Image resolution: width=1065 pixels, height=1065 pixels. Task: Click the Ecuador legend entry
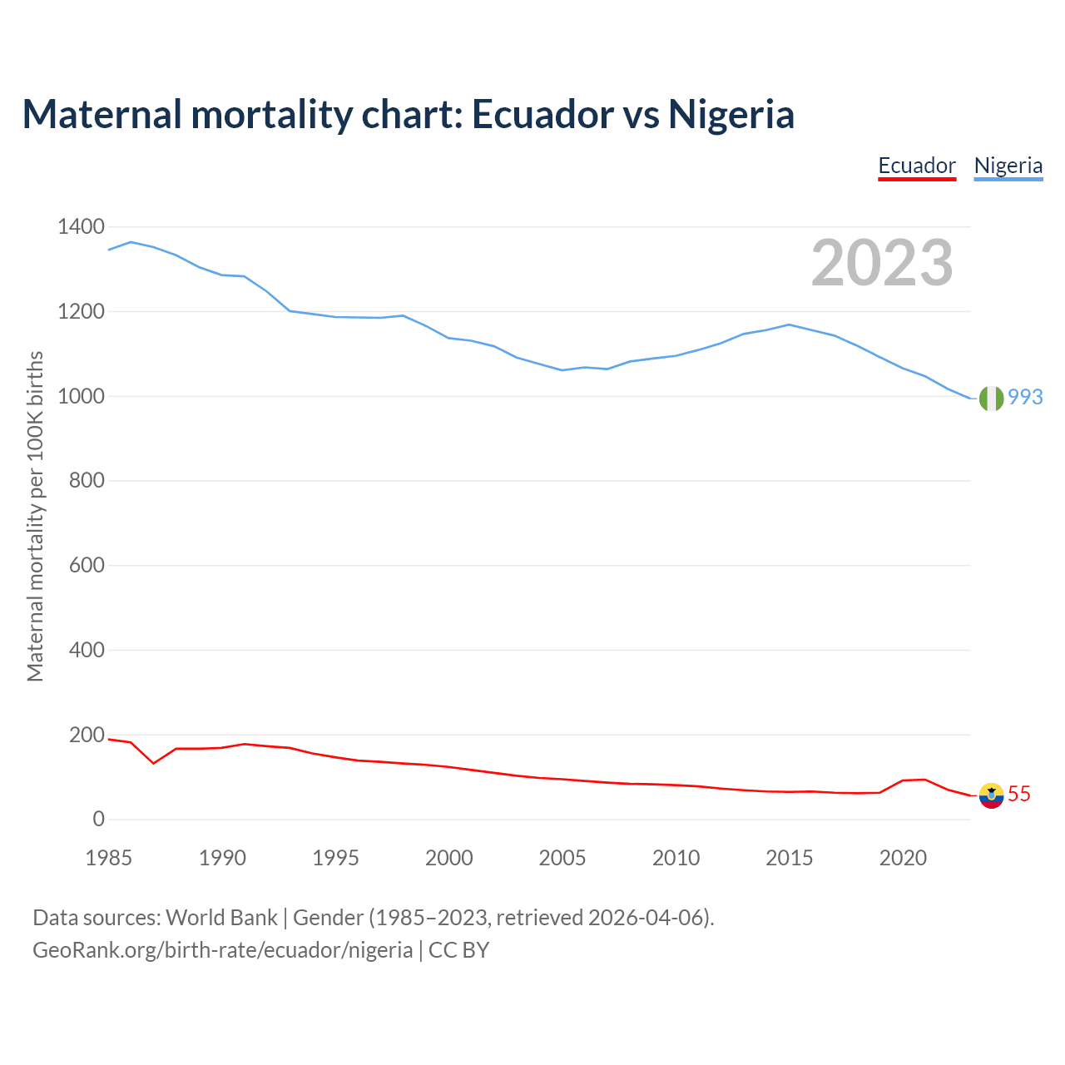pos(917,166)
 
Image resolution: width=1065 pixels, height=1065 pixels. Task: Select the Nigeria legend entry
pos(1008,166)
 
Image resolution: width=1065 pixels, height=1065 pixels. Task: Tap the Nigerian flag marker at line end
pos(991,399)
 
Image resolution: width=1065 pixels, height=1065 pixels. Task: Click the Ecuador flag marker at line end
pos(991,795)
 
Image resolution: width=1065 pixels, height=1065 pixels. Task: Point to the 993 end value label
pos(1025,397)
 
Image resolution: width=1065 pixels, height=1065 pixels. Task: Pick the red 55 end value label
pos(1019,795)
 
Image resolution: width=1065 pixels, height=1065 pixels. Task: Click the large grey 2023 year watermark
pos(882,263)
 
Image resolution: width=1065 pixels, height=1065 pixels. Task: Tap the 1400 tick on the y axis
pos(81,226)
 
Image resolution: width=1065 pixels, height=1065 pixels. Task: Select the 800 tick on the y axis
pos(86,480)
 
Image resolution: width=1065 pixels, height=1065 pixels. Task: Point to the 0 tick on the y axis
pos(99,819)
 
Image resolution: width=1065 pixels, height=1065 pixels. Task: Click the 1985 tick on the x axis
pos(109,858)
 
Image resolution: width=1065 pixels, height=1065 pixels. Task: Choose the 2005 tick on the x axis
pos(562,858)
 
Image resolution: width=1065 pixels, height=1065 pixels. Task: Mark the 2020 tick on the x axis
pos(903,858)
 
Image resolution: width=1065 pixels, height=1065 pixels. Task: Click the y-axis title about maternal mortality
pos(35,516)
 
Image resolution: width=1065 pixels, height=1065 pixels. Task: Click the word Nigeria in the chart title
pos(731,114)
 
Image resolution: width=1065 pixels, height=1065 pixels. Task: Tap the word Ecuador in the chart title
pos(542,114)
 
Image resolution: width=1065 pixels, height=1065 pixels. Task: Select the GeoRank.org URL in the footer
pos(222,949)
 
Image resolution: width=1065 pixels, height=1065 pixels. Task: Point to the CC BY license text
pos(458,949)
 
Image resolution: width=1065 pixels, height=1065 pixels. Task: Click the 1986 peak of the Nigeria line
pos(131,242)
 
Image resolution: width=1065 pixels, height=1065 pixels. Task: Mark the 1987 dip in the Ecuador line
pos(154,763)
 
